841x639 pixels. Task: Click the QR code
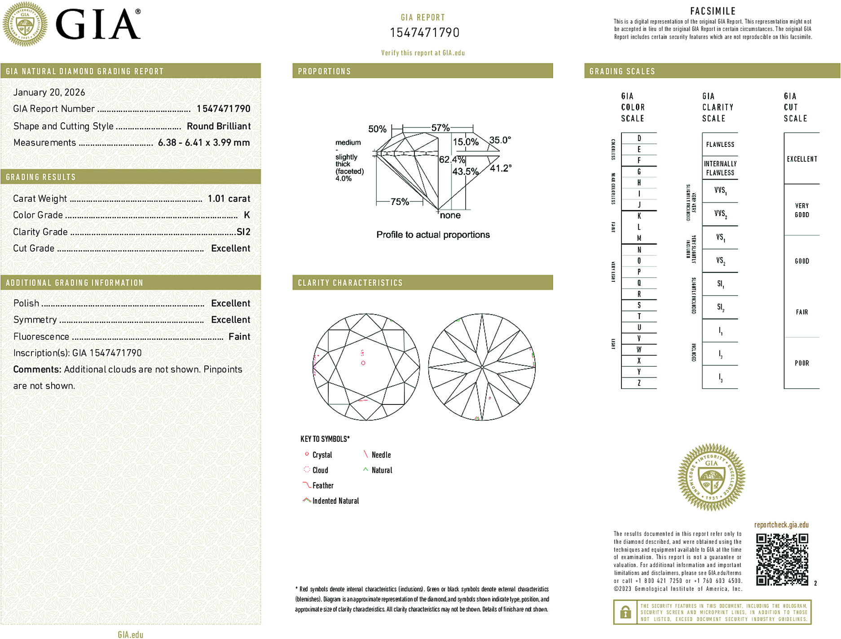[782, 559]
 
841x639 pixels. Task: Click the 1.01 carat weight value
[229, 199]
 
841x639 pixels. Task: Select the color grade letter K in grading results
[247, 215]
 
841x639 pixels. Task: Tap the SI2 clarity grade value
[243, 232]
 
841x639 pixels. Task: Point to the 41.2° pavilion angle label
[500, 169]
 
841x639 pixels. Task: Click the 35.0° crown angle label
[500, 140]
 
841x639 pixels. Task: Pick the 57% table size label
[440, 128]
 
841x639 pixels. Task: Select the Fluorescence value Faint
[239, 337]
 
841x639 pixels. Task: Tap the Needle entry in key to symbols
[381, 455]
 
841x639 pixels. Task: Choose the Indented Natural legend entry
[335, 501]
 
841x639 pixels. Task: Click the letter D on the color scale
[639, 138]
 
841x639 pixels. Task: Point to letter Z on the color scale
[639, 383]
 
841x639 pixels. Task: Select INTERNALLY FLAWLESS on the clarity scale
[720, 168]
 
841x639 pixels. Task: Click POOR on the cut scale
[801, 363]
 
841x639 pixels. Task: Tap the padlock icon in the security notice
[625, 612]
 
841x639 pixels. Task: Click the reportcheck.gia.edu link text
[781, 525]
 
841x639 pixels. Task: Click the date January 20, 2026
[49, 92]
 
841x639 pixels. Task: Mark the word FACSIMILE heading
[713, 11]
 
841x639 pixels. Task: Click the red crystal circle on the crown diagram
[363, 363]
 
